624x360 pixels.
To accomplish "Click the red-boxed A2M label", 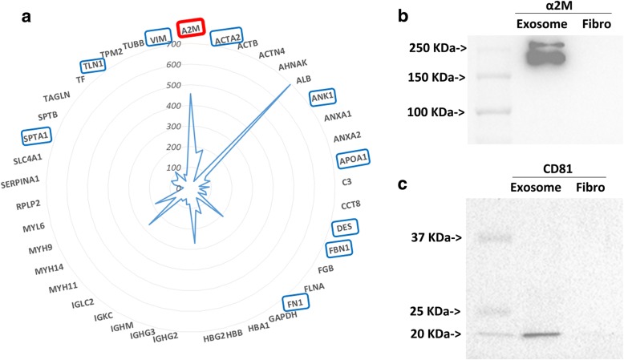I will pyautogui.click(x=191, y=30).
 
